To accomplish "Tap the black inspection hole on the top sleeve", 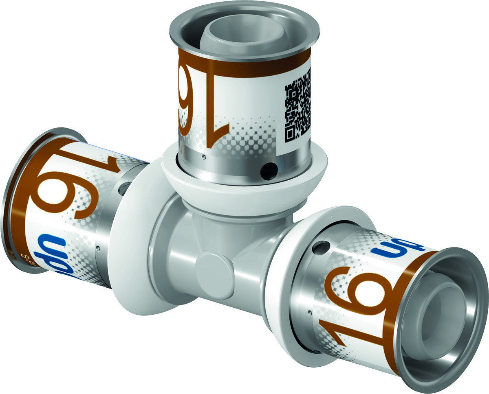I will (x=269, y=171).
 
